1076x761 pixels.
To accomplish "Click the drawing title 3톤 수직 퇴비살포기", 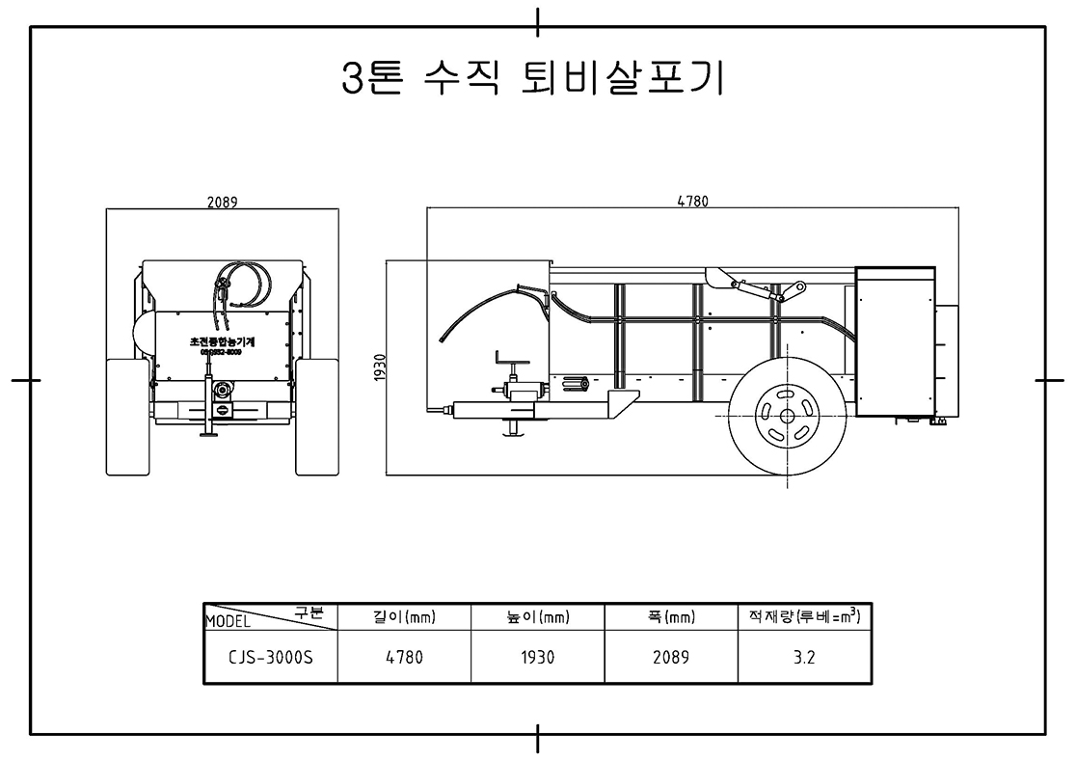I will point(533,79).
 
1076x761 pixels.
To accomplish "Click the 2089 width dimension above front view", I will point(223,203).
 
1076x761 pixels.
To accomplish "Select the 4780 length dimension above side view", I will point(692,202).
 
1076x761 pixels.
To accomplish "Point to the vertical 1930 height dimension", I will point(379,367).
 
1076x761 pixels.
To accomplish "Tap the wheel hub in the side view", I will point(786,416).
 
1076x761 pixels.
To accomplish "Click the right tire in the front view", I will point(316,417).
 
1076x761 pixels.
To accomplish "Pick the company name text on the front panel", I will point(222,342).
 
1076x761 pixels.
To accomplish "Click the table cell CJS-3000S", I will point(271,658).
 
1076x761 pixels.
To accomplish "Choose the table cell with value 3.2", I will point(805,658).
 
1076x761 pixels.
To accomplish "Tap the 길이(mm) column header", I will point(404,618).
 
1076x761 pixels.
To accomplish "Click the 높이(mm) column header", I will point(537,618).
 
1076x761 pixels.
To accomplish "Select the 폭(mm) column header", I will point(671,618).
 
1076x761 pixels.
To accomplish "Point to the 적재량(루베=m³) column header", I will point(804,617).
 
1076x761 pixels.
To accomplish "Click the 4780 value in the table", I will point(404,658).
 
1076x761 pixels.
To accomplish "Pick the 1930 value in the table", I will point(537,658).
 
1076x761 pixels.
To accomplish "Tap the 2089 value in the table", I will point(671,658).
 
